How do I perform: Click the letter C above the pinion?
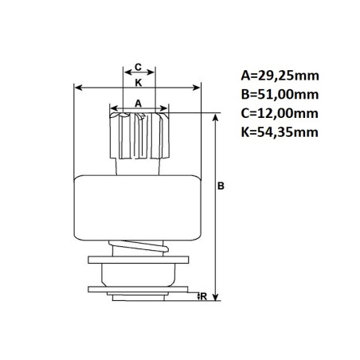click(x=138, y=67)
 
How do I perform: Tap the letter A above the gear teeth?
click(x=138, y=103)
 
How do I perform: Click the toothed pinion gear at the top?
click(x=138, y=134)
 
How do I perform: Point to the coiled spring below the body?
click(x=140, y=248)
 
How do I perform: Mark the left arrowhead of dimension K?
click(x=77, y=87)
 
